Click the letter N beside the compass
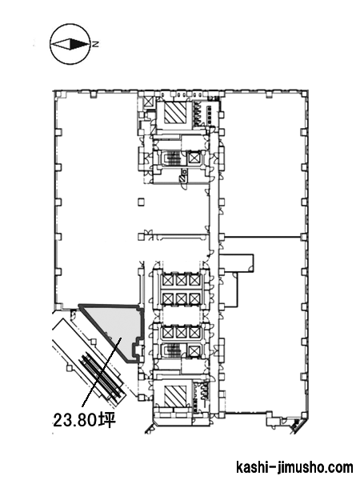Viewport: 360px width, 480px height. click(x=95, y=44)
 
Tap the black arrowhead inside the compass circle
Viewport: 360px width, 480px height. click(x=79, y=44)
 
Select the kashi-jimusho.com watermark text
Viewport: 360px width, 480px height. click(x=294, y=467)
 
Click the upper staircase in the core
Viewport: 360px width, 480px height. click(x=172, y=158)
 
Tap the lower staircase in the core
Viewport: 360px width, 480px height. click(x=172, y=350)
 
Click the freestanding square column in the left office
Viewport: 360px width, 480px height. click(x=141, y=202)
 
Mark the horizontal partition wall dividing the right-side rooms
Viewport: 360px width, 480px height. click(x=263, y=237)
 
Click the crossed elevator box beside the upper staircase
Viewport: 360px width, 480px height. click(x=194, y=158)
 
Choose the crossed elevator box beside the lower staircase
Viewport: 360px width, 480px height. click(x=194, y=350)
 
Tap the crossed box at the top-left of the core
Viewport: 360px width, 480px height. click(x=149, y=102)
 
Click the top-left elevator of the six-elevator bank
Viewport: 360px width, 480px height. click(x=167, y=280)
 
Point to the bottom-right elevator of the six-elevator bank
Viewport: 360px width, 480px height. click(x=194, y=298)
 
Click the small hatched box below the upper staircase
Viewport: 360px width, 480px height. click(x=182, y=178)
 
